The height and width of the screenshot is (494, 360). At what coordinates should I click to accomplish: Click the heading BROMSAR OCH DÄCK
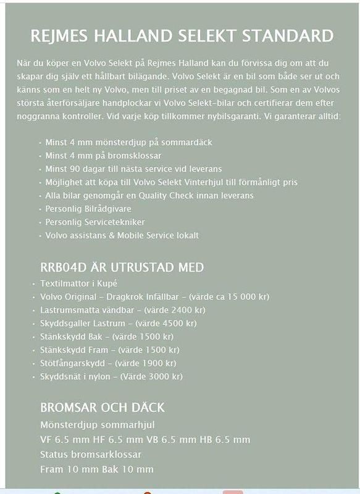(103, 408)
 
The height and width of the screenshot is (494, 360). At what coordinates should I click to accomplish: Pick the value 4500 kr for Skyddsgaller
(178, 323)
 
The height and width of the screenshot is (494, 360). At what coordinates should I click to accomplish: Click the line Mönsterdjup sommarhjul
(97, 424)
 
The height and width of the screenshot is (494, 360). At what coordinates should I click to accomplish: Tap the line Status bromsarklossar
(91, 454)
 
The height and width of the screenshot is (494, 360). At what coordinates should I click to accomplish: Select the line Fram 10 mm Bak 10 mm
(97, 469)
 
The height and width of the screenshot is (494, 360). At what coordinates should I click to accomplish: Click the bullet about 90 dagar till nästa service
(133, 169)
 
